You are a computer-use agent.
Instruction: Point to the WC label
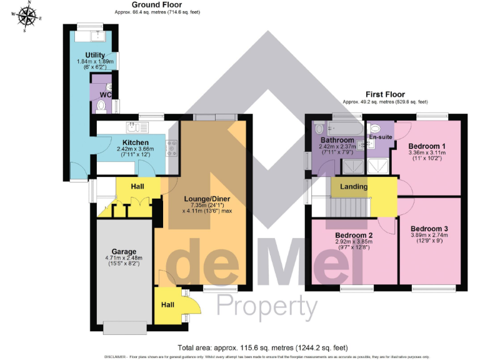(106, 94)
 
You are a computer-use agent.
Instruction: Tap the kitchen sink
(136, 128)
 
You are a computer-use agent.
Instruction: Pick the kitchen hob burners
(171, 149)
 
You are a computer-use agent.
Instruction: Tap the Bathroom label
(337, 141)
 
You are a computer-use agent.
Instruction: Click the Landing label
(354, 186)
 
